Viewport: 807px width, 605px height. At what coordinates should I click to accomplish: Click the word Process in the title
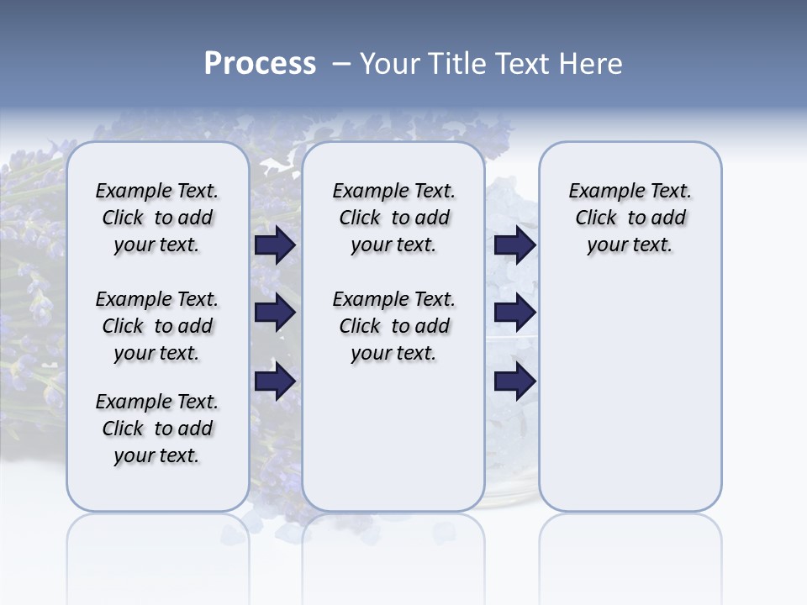[260, 64]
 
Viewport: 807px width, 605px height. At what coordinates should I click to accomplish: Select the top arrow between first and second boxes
[275, 245]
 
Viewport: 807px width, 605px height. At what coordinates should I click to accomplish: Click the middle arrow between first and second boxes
[275, 313]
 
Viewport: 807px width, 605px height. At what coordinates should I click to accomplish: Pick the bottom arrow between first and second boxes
[275, 381]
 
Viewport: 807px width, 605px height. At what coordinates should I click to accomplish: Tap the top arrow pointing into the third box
[514, 245]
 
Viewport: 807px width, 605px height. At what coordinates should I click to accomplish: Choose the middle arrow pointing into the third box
[514, 313]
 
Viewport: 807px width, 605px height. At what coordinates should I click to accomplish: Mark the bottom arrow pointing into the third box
[514, 381]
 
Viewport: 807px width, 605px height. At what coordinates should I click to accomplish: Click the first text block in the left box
[157, 218]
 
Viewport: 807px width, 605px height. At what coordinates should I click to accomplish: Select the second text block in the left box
[157, 326]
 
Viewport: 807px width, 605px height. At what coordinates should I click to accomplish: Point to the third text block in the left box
[157, 429]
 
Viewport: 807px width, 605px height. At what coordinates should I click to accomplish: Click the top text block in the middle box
[393, 218]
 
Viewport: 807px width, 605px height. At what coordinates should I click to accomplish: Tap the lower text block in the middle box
[393, 326]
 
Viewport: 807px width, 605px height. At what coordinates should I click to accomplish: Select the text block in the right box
[630, 218]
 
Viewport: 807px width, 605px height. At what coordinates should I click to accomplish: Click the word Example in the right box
[601, 191]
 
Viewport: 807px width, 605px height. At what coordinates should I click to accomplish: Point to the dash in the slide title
[341, 65]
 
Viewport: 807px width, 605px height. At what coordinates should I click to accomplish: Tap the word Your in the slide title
[388, 64]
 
